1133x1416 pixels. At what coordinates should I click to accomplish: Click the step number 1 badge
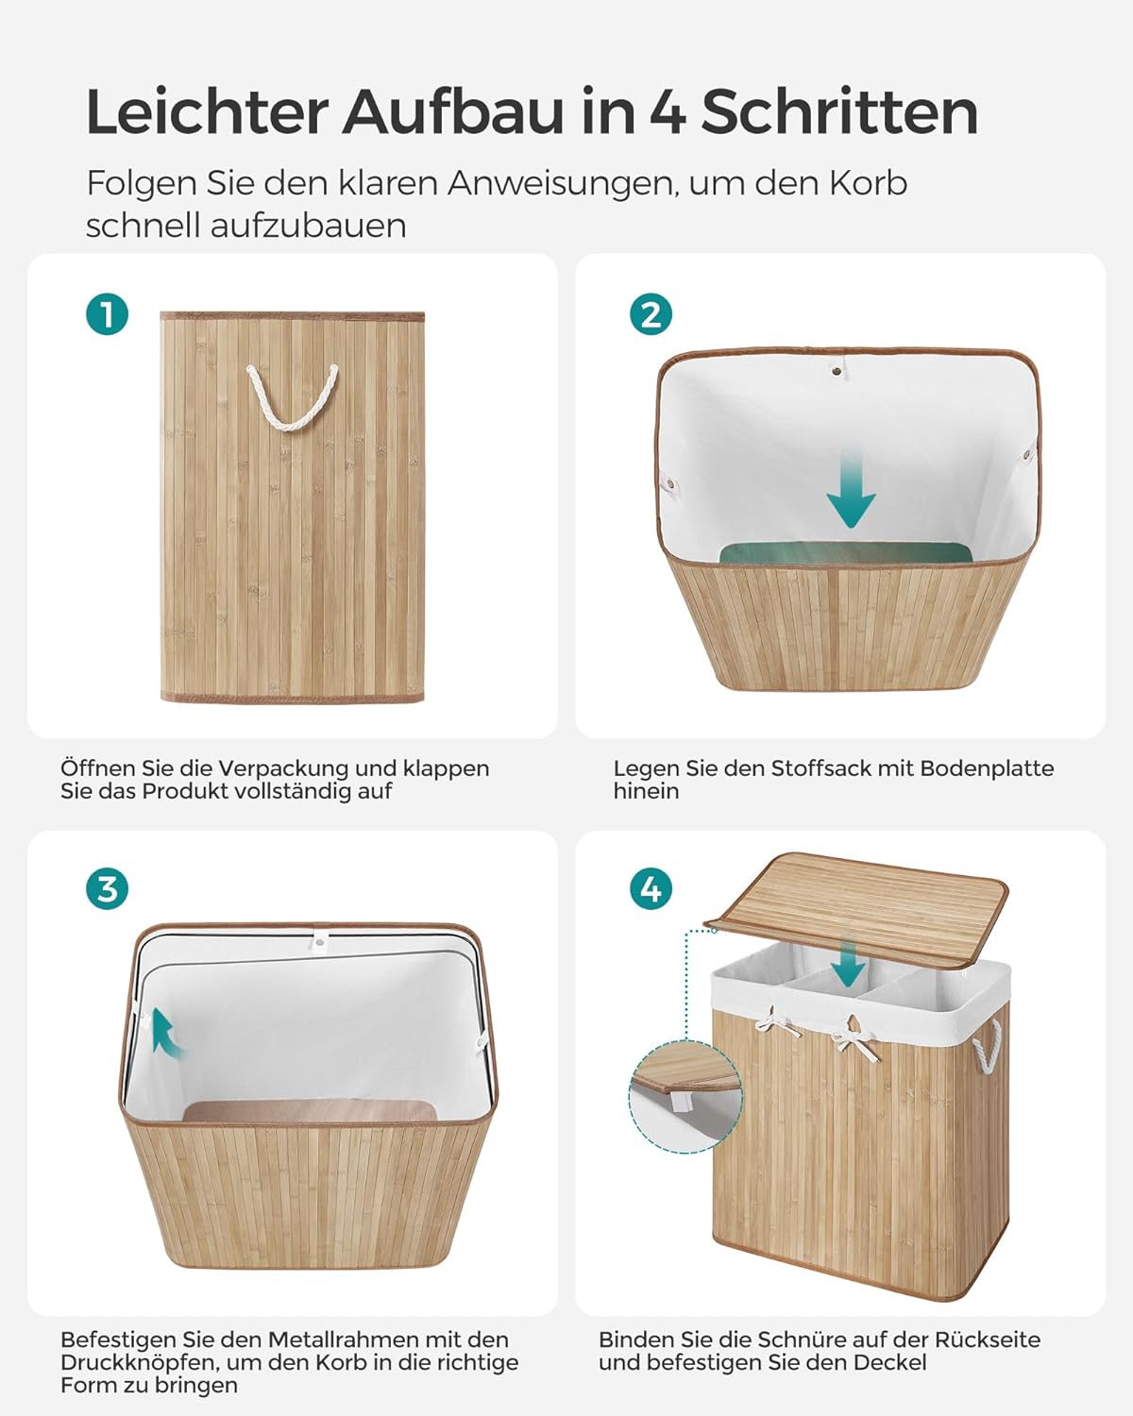point(107,313)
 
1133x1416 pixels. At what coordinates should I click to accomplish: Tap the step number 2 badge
point(651,313)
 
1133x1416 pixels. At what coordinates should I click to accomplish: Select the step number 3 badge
point(107,889)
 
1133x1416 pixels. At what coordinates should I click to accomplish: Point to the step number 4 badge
point(651,889)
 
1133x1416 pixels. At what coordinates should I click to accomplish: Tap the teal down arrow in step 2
point(851,490)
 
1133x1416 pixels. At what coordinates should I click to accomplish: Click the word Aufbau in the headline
point(452,112)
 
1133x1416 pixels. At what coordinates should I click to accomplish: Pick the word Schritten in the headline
point(839,112)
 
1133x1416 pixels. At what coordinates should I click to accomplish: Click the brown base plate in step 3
point(310,1110)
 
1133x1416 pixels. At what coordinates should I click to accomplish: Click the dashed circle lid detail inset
point(685,1096)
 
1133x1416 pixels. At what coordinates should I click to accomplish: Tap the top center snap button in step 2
point(837,372)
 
